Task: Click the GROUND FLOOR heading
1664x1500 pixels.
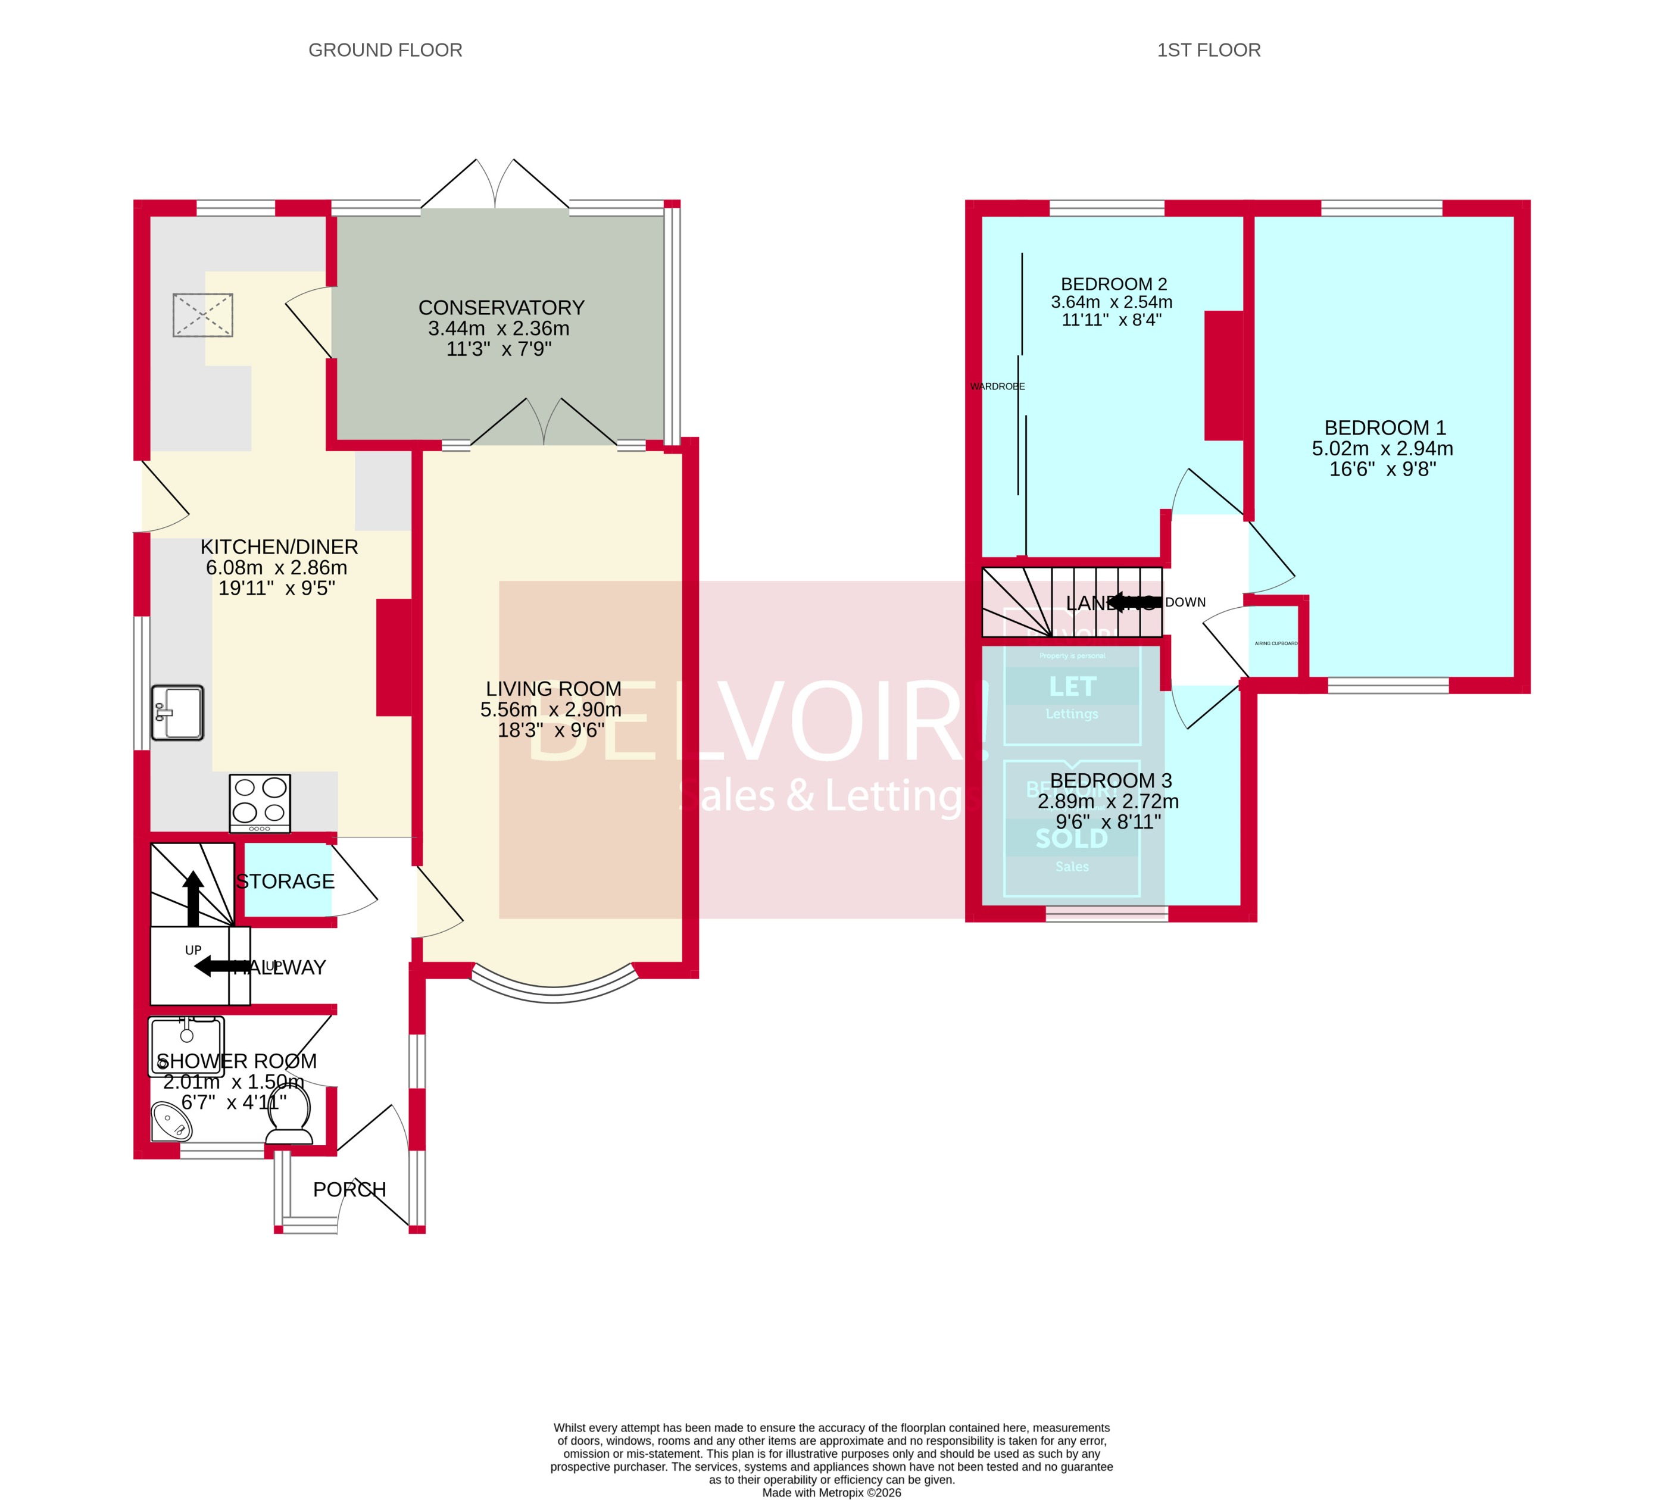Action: click(385, 50)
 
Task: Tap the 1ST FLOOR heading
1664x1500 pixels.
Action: click(1208, 50)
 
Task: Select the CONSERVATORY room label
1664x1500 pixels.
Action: click(501, 307)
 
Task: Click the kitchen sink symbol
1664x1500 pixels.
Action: click(177, 712)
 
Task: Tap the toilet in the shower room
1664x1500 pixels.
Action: click(290, 1116)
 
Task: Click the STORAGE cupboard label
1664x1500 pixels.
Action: click(285, 881)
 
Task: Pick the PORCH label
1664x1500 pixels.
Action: click(349, 1189)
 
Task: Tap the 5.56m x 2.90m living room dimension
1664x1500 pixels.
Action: click(551, 710)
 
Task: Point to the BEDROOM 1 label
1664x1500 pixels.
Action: click(1385, 428)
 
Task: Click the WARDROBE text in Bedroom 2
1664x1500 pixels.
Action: click(997, 386)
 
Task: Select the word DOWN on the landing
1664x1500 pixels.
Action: click(1185, 602)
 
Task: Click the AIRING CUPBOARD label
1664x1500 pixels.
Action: click(1276, 643)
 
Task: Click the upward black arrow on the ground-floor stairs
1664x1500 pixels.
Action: click(193, 898)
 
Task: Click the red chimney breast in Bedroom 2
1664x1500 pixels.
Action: click(1223, 375)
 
